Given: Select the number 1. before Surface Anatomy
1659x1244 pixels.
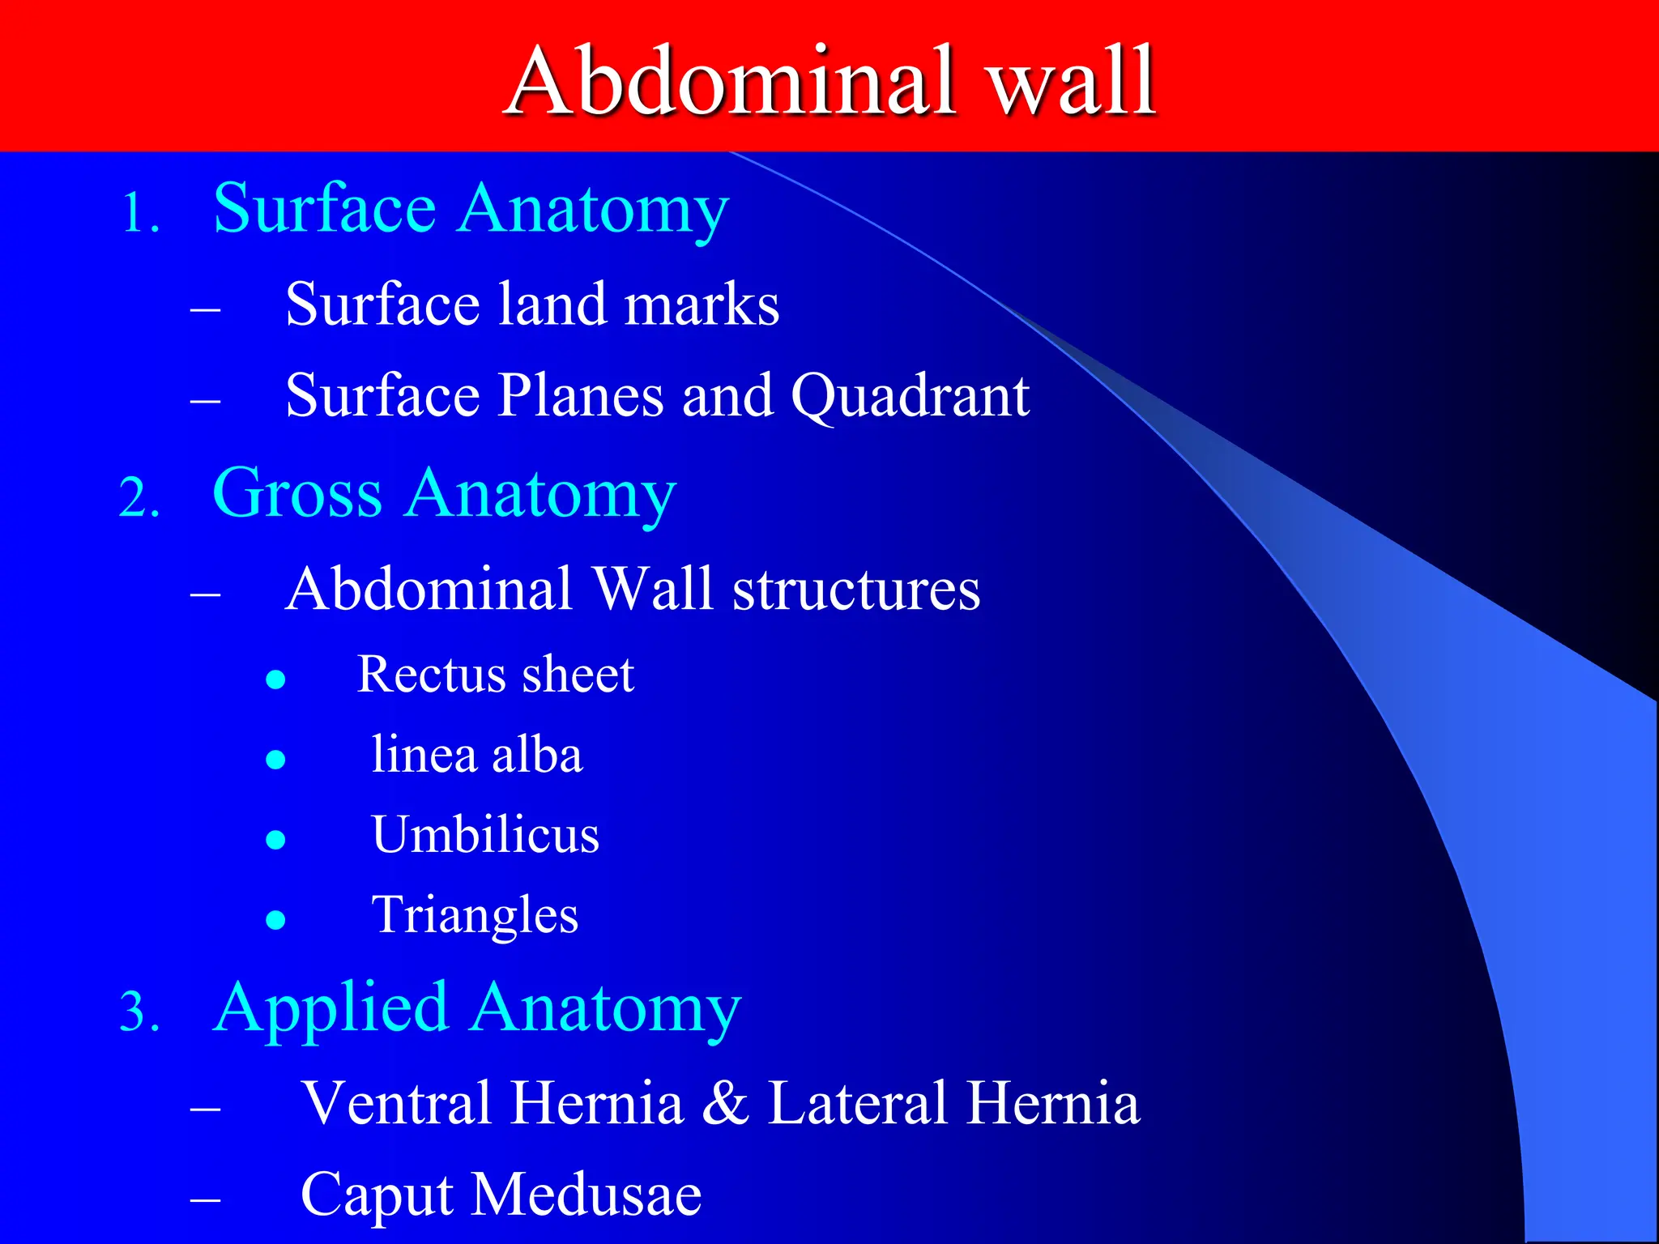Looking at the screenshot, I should click(141, 215).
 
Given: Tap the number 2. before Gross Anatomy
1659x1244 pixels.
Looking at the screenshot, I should click(139, 497).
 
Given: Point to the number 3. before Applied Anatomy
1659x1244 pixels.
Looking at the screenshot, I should click(139, 1013).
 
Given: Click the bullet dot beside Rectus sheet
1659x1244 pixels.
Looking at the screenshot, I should click(276, 679).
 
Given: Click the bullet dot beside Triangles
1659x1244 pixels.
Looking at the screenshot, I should click(276, 919).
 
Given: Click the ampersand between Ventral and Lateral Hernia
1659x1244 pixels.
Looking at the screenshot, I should click(725, 1103).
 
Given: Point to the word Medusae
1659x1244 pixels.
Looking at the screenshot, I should click(586, 1195).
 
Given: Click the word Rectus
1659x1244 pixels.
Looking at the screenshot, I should click(427, 675).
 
